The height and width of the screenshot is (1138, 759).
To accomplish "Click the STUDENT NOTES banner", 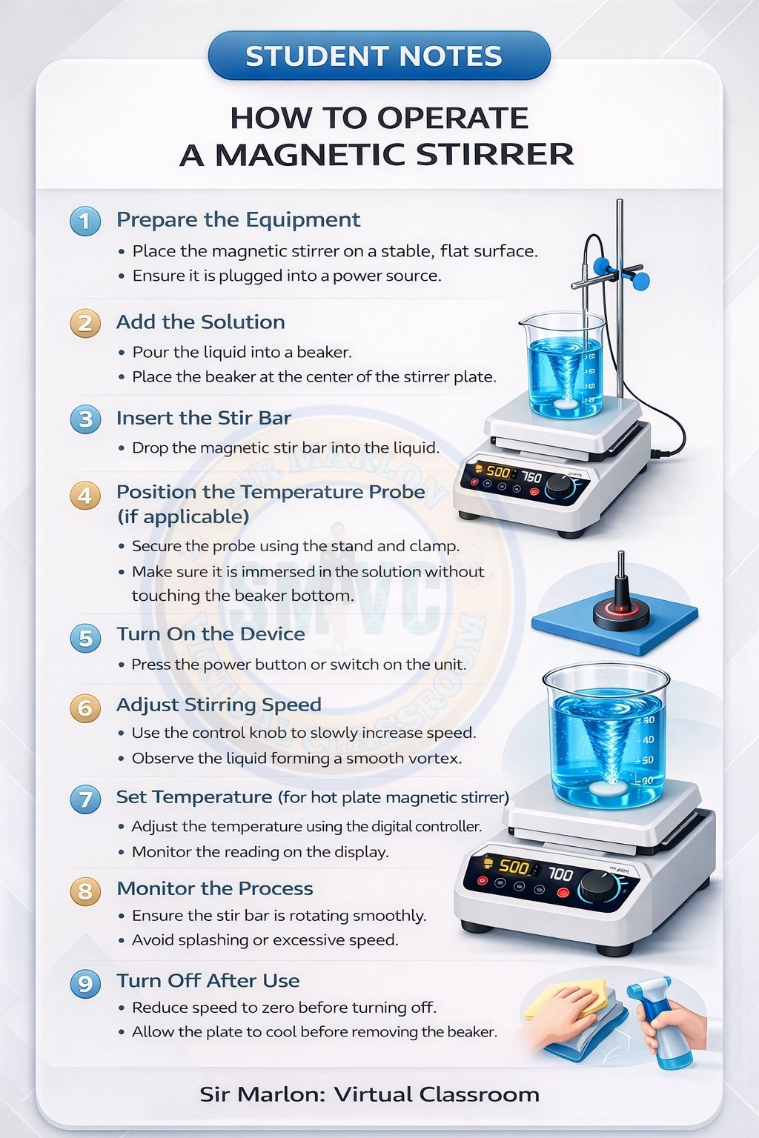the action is pos(379,56).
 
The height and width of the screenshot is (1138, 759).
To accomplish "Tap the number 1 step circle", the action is pos(85,221).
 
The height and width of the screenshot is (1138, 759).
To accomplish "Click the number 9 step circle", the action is pos(85,983).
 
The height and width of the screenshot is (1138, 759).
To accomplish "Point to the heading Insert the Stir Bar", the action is pos(203,418).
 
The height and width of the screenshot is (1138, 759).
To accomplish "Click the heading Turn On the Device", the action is pos(211,633).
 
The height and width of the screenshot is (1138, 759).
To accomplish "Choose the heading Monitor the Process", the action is pos(214,888).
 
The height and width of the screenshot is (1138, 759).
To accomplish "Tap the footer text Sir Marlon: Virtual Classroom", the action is pos(369,1094).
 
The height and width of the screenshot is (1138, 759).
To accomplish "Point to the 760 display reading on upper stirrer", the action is pos(531,477).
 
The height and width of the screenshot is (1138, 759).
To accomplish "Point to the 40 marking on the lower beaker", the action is pos(646,739).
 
